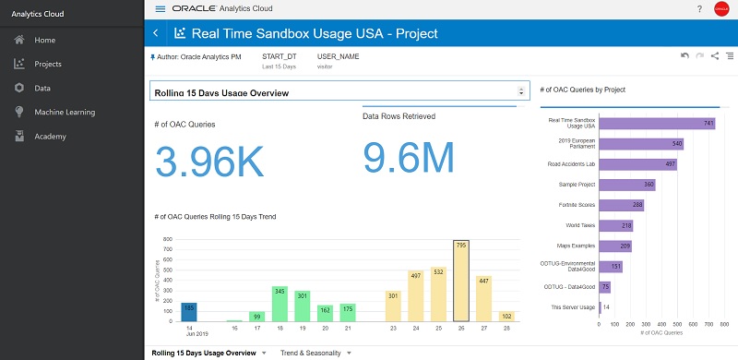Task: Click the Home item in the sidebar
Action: click(44, 40)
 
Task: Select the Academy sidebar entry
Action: click(50, 136)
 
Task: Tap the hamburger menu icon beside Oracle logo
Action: click(161, 8)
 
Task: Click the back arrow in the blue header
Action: click(155, 33)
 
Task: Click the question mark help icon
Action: click(698, 8)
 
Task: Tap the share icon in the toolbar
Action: click(715, 57)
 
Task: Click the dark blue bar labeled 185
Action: click(163, 310)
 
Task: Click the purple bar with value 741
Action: click(657, 123)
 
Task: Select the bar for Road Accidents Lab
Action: click(637, 164)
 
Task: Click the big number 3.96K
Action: click(209, 161)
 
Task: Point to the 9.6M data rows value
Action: click(409, 157)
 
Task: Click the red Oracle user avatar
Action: click(721, 9)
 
